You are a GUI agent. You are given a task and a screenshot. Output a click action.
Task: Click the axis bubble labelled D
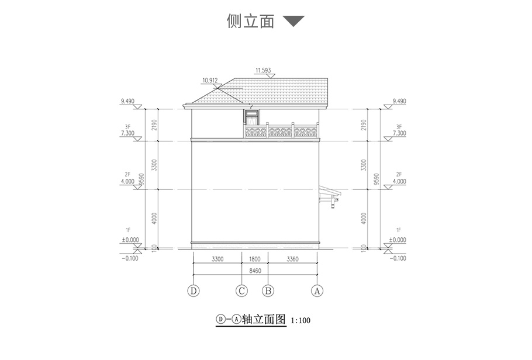(x=194, y=290)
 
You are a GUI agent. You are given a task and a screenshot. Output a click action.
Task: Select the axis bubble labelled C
(x=241, y=290)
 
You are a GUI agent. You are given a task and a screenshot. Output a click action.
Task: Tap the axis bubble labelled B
(x=268, y=290)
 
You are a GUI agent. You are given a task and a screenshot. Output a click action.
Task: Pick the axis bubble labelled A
(x=317, y=290)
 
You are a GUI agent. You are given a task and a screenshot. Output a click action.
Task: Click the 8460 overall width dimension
(x=255, y=271)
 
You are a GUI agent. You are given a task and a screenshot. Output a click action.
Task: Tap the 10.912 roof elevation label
(x=210, y=80)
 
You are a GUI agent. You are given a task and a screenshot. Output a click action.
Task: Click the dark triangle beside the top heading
(x=293, y=22)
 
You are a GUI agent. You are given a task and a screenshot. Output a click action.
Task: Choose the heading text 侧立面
(x=250, y=22)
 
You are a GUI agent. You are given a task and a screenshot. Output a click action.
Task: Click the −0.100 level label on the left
(x=130, y=258)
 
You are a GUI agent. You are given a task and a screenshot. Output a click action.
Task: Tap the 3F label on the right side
(x=399, y=126)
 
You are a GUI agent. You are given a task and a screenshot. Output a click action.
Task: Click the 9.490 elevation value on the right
(x=399, y=101)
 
